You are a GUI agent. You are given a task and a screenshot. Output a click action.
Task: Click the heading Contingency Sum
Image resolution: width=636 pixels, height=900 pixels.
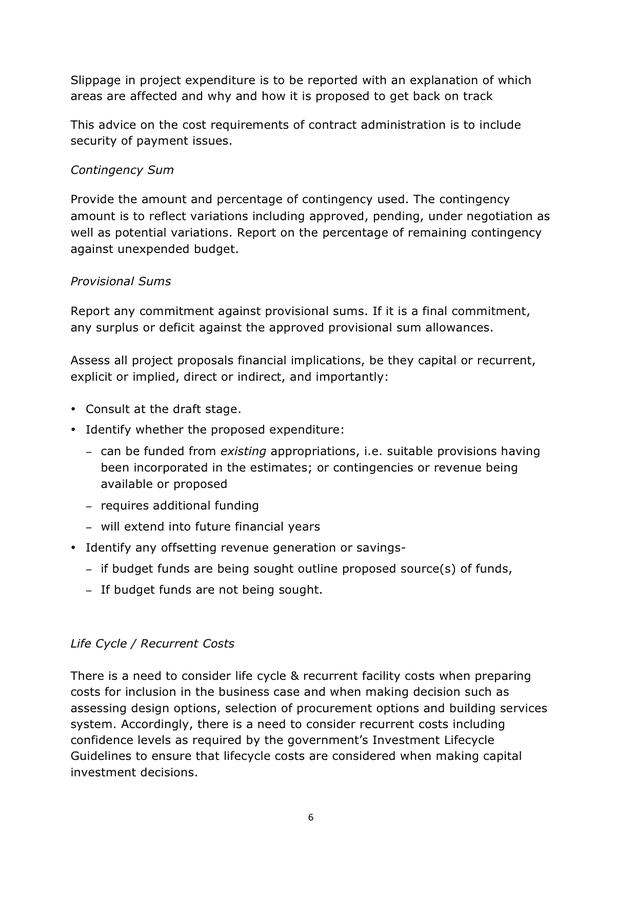122,170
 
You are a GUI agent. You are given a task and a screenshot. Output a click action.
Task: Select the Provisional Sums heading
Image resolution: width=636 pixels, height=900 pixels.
121,282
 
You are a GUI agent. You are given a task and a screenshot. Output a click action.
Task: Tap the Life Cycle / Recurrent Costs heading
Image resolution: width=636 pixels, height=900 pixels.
152,642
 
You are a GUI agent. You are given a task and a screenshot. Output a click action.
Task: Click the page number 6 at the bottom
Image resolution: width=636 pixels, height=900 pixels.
311,817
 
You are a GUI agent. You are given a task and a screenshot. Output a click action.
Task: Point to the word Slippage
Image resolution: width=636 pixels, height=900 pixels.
100,80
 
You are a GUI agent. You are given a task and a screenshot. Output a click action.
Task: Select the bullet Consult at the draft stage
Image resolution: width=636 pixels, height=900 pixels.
163,409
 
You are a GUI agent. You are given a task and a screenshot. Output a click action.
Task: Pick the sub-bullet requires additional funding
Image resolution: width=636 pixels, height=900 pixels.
179,505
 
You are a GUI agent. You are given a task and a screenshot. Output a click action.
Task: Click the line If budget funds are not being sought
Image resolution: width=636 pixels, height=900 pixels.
212,589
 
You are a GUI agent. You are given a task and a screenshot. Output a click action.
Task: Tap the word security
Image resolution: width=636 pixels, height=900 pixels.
98,140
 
